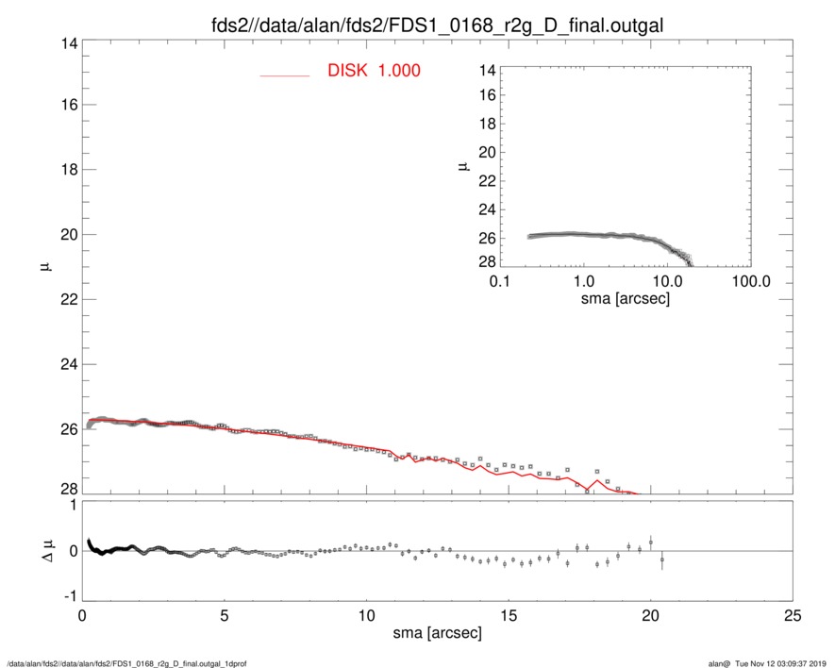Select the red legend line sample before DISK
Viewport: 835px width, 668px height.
(285, 75)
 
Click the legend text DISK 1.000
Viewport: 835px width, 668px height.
(374, 72)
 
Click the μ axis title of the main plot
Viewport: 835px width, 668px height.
(44, 269)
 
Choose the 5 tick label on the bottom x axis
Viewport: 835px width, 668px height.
(224, 616)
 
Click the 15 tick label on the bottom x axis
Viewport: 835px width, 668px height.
(509, 616)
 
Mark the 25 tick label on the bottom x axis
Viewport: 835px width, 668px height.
(793, 616)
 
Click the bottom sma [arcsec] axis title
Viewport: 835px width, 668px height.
(437, 632)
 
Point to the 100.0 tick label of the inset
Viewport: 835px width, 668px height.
(750, 282)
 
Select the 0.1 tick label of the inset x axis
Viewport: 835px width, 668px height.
(500, 282)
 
